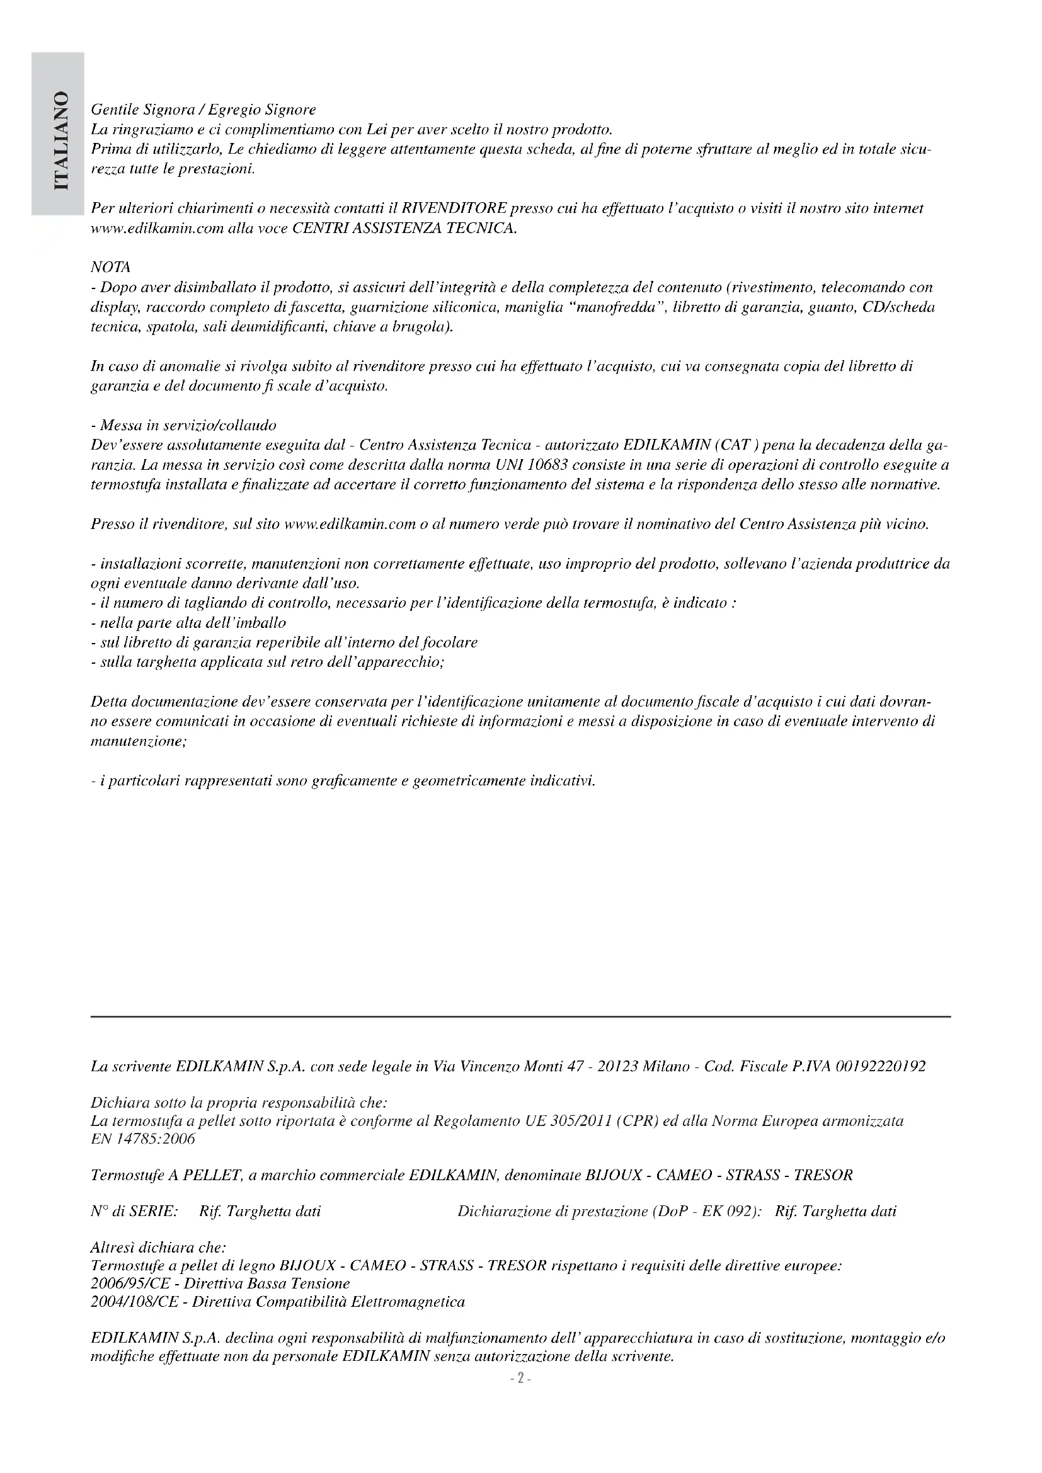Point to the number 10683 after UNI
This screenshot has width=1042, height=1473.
(542, 465)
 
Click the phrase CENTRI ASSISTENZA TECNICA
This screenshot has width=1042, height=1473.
(404, 229)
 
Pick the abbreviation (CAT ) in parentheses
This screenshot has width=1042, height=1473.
(731, 445)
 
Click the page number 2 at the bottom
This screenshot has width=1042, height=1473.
(520, 1379)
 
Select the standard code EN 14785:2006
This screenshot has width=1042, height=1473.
(142, 1138)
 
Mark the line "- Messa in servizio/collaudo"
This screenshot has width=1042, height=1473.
(183, 425)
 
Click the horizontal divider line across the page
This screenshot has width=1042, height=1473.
(520, 1016)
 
